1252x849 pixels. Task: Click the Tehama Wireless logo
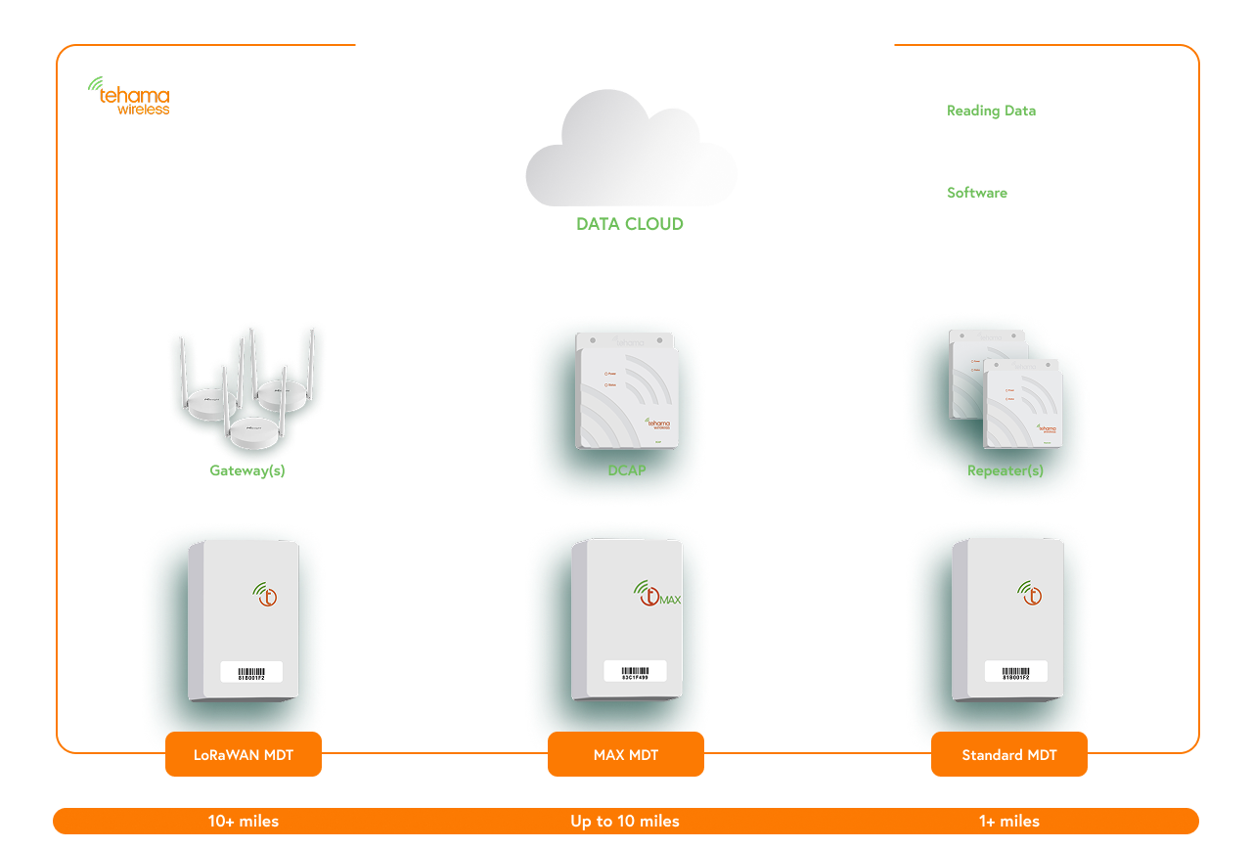(129, 97)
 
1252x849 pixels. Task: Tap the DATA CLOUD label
(630, 224)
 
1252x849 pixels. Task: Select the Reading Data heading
(991, 111)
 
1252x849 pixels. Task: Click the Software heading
(976, 193)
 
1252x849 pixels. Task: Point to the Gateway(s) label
(247, 470)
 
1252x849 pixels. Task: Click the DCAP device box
(626, 391)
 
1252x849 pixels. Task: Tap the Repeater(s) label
(1005, 470)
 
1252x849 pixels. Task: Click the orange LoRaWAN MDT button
(244, 755)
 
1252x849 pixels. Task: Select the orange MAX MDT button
(626, 755)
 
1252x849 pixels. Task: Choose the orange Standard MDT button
(1009, 755)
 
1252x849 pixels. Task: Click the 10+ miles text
(244, 822)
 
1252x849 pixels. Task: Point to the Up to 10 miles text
(625, 822)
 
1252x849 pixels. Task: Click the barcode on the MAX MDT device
(628, 671)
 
